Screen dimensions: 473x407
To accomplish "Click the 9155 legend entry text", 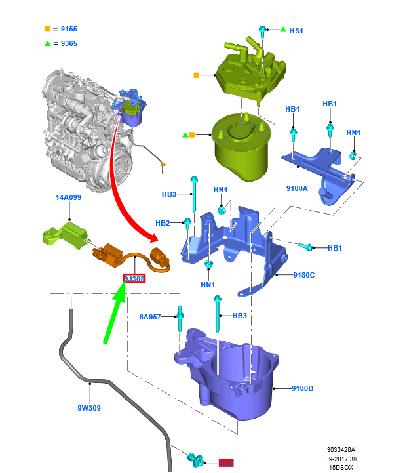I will [x=69, y=30].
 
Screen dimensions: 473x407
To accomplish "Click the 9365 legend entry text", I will [x=69, y=43].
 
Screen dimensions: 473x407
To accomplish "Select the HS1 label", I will [x=296, y=31].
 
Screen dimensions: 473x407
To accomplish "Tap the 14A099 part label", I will [x=68, y=197].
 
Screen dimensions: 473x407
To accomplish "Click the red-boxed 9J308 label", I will [x=134, y=279].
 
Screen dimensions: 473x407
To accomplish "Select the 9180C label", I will [x=303, y=275].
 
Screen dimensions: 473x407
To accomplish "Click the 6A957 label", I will [x=149, y=317].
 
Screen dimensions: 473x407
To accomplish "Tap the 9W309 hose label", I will [x=89, y=407].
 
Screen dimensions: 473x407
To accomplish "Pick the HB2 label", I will [x=163, y=223].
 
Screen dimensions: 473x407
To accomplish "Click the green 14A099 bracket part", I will [x=66, y=235].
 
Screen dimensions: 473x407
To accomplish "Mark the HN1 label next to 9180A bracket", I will [x=353, y=133].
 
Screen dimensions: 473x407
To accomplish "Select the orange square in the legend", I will [x=47, y=30].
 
